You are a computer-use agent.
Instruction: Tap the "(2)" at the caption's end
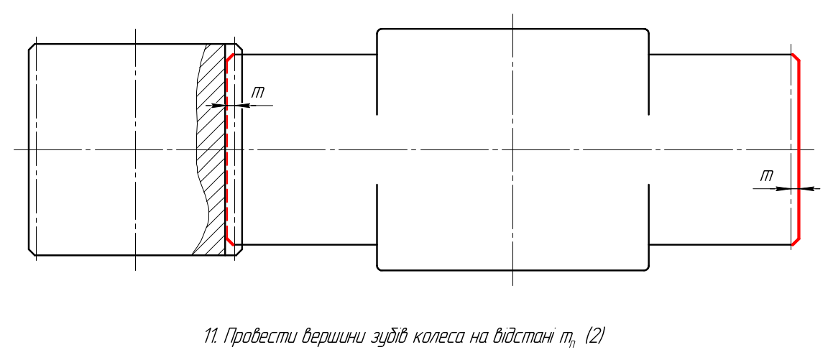coord(594,336)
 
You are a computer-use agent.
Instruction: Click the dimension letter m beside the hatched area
coord(258,93)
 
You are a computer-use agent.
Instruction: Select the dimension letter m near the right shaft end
coord(767,176)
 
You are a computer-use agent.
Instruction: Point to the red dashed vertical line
coord(226,149)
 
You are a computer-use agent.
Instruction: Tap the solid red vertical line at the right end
coord(799,149)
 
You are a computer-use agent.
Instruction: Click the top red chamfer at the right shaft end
coord(795,57)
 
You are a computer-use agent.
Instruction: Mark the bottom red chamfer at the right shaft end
coord(795,241)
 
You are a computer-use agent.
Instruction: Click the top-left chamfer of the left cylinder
coord(32,47)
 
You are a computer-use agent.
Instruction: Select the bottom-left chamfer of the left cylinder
coord(32,251)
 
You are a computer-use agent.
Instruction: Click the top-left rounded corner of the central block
coord(379,31)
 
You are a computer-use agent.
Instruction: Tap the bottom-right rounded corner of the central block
coord(646,267)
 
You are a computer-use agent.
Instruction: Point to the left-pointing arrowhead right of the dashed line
coord(238,106)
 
